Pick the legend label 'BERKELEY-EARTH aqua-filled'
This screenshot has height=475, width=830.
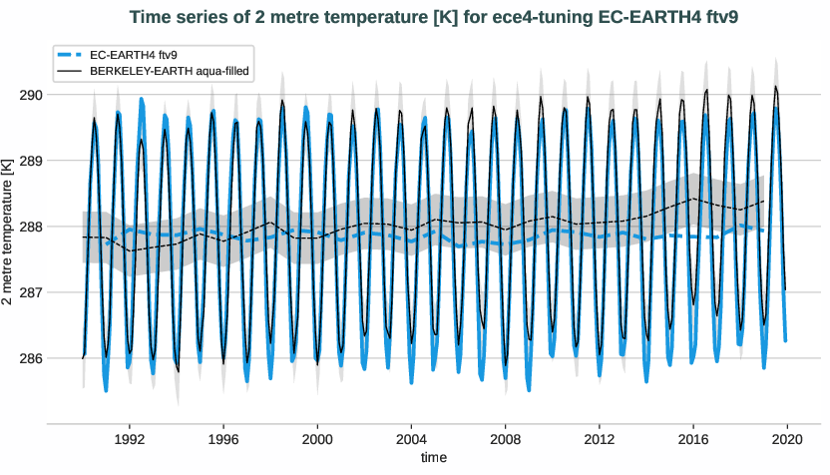[x=169, y=71]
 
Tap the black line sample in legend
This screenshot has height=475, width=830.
[x=71, y=71]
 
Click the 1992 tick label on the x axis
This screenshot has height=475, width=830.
[x=130, y=438]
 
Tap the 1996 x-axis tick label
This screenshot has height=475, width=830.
[x=223, y=438]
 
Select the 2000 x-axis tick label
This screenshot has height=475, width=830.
[x=317, y=438]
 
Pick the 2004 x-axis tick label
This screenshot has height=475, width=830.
[x=411, y=438]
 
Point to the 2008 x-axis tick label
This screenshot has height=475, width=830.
[x=506, y=438]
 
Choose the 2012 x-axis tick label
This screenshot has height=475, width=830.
[x=600, y=438]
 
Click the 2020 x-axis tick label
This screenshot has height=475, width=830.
[x=787, y=438]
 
